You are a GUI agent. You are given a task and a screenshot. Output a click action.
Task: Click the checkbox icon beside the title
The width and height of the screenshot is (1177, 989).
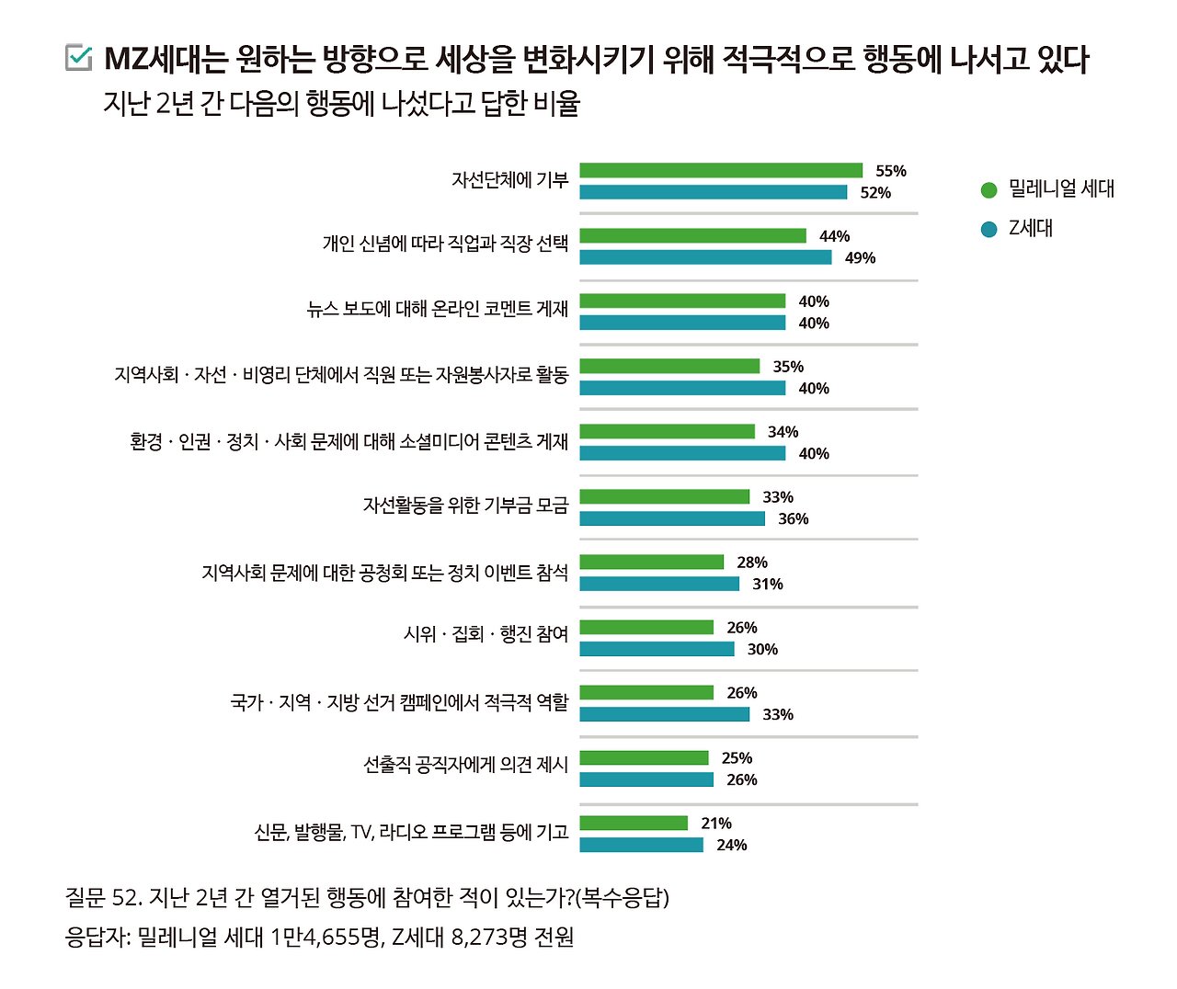tap(79, 57)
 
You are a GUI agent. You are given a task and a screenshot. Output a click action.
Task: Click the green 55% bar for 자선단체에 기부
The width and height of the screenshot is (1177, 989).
tap(721, 170)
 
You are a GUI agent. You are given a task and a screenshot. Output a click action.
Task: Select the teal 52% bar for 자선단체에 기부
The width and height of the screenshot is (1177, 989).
tap(713, 192)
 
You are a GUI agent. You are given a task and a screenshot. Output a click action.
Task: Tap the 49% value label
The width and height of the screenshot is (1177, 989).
tap(860, 257)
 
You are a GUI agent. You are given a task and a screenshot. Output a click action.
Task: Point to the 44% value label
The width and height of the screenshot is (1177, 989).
tap(834, 236)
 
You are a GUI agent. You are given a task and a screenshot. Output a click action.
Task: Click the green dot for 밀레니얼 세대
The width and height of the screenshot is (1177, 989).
tap(988, 189)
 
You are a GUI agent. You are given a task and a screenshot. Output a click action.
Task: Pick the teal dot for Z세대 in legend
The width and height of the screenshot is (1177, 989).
tap(988, 229)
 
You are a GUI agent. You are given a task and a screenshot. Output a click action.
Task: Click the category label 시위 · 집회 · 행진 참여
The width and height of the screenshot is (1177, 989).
tap(486, 634)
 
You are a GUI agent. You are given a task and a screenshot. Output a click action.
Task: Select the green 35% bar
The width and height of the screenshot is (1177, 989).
tap(669, 366)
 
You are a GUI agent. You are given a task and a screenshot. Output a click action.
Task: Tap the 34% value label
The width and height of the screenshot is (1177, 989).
tap(783, 432)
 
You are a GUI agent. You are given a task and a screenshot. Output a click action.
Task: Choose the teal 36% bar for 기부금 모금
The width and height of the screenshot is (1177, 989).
tap(672, 518)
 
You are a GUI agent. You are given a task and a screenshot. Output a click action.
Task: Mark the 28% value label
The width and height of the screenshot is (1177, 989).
tap(752, 563)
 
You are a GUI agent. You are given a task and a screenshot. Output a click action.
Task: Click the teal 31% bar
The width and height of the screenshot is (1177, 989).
tap(659, 584)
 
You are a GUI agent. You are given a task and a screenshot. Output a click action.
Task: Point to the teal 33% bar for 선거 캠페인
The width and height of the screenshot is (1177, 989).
tap(664, 714)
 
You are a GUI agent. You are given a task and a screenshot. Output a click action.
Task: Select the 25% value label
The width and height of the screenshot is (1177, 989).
tap(737, 758)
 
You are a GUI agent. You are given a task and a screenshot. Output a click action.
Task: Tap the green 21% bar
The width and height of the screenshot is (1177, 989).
tap(634, 823)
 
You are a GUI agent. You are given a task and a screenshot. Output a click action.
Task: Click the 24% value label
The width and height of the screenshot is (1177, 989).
tap(732, 845)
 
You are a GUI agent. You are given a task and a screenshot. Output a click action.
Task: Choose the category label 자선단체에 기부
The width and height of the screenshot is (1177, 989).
tap(509, 180)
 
